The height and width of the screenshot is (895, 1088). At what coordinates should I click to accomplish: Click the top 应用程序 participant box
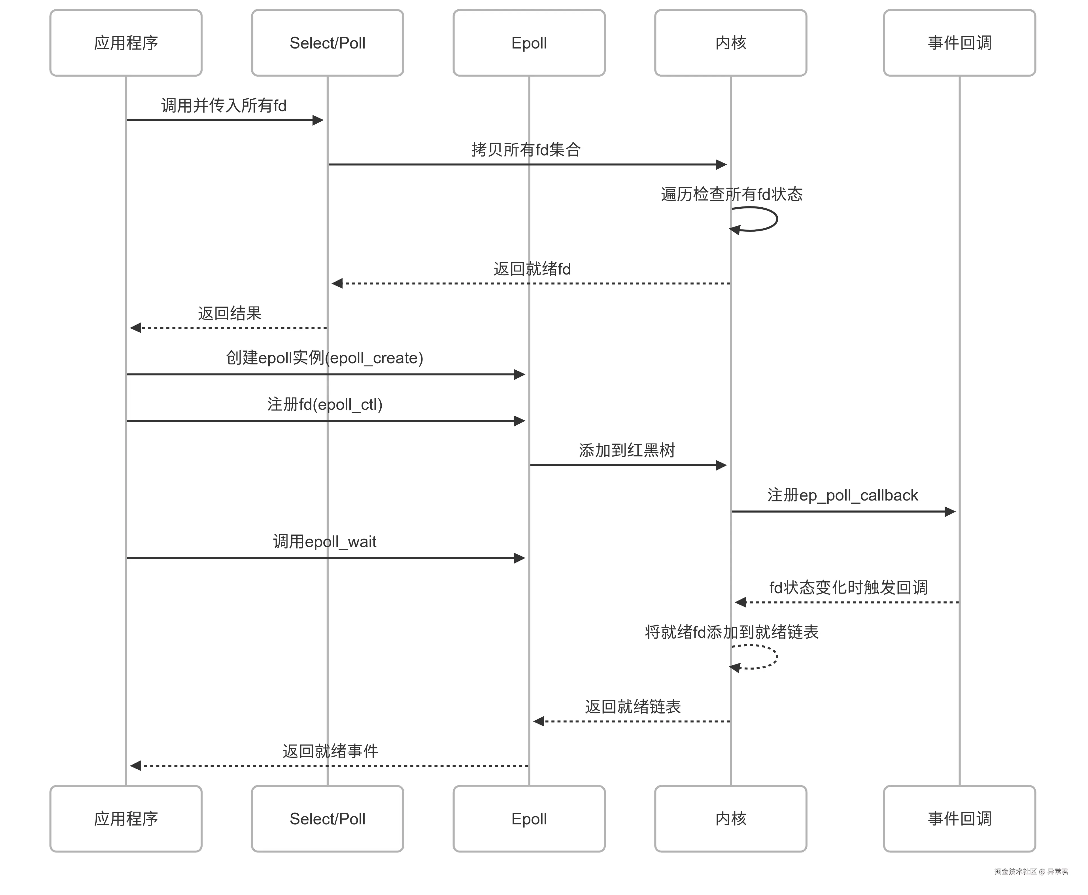tap(126, 43)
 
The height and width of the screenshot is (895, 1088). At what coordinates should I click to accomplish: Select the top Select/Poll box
tap(327, 43)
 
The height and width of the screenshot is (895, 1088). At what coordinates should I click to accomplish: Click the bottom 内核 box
tap(730, 819)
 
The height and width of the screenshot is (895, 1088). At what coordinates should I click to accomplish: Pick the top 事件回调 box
tap(959, 43)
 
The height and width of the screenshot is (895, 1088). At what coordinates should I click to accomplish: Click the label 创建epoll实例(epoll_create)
tap(324, 358)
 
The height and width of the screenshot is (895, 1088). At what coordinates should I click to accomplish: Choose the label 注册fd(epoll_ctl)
tap(324, 404)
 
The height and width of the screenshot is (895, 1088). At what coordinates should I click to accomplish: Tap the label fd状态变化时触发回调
tap(848, 588)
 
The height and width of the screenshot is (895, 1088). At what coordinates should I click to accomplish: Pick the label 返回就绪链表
tap(633, 707)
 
